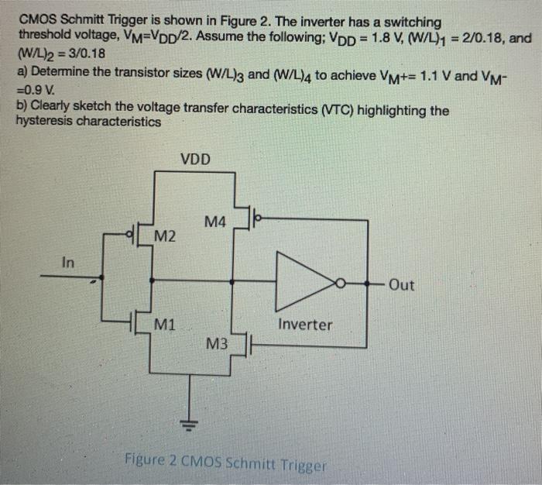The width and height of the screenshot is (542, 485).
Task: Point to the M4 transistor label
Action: [216, 222]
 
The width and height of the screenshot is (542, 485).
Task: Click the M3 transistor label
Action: [217, 342]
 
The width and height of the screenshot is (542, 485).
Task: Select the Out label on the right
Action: [401, 284]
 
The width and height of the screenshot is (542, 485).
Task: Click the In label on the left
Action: [69, 263]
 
